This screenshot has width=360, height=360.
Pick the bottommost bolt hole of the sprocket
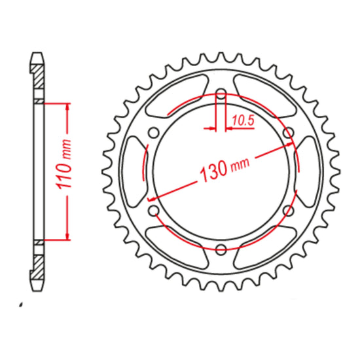point(221,249)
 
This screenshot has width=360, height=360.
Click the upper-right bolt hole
point(288,134)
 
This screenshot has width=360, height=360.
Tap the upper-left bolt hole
point(154,133)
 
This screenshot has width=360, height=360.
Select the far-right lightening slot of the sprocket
point(312,171)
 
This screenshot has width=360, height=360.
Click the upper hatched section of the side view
point(39,82)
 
